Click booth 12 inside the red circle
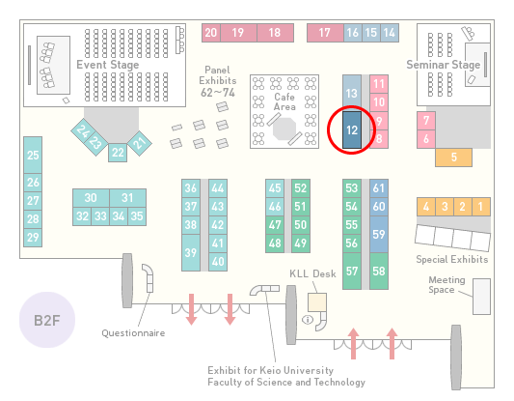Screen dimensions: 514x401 coord(352,130)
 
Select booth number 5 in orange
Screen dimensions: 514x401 coord(453,158)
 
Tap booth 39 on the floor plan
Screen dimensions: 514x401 coord(191,252)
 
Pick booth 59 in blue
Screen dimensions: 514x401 coord(379,234)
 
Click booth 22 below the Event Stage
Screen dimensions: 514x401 coord(118,153)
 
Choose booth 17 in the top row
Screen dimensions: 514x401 coord(325,33)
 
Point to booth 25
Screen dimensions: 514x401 coord(33,155)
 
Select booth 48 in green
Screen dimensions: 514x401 coord(275,243)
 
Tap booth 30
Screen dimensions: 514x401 coord(91,198)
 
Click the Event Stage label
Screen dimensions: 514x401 coord(108,65)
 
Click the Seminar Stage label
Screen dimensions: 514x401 coord(444,65)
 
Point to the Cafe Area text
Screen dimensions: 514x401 coord(284,101)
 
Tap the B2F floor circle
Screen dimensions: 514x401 coord(47,320)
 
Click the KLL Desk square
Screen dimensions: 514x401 coord(317,302)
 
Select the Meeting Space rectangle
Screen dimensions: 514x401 coord(481,297)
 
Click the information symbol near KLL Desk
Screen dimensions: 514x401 coord(308,319)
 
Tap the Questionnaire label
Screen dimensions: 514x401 coord(133,333)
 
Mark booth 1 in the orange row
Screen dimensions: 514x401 coord(481,207)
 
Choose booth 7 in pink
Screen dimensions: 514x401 coord(426,121)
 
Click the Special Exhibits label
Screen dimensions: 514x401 coord(452,260)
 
